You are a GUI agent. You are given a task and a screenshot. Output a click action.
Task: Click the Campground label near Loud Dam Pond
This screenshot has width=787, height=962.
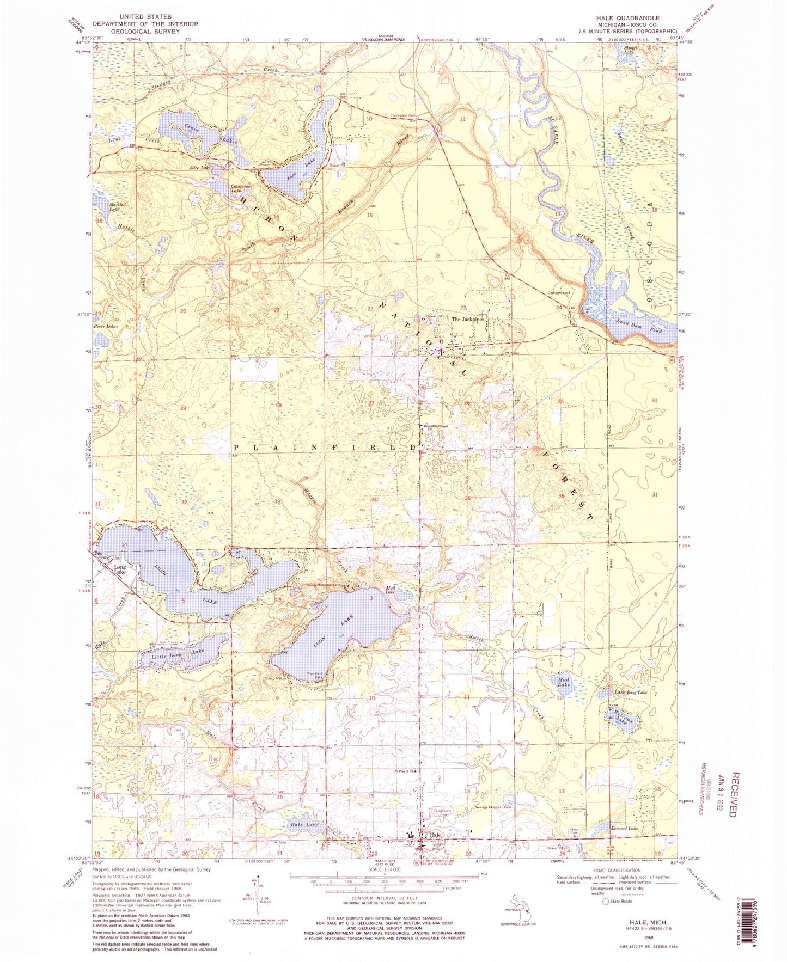point(558,292)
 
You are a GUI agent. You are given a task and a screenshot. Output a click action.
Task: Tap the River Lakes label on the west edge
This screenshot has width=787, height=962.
point(106,326)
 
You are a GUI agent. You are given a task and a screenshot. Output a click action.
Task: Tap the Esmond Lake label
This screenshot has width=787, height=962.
point(625,828)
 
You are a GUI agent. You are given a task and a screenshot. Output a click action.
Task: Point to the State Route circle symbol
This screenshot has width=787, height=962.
point(605,902)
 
